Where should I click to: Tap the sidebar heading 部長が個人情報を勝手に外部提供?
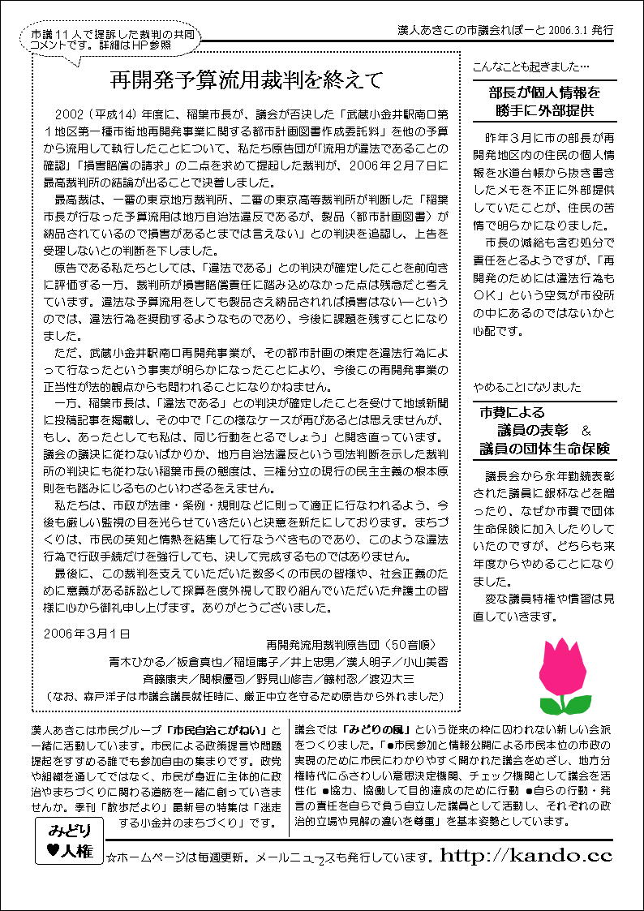coord(544,101)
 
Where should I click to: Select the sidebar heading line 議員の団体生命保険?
coord(544,448)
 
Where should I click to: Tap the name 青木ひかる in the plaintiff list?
coord(138,660)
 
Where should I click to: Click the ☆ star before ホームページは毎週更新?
coord(112,857)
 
